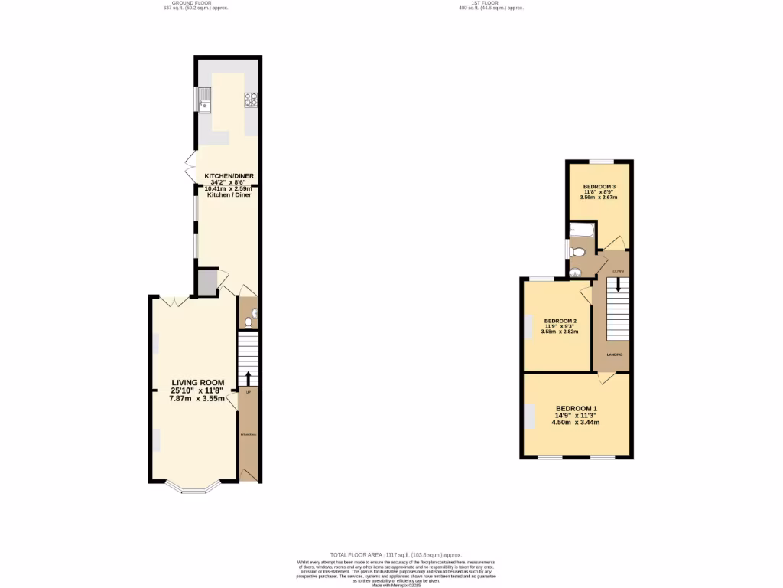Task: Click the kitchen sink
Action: pyautogui.click(x=204, y=99)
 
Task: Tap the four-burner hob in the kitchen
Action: pyautogui.click(x=250, y=99)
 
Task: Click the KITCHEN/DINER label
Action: pyautogui.click(x=227, y=175)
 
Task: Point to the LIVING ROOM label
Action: pyautogui.click(x=197, y=382)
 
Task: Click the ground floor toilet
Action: pyautogui.click(x=248, y=322)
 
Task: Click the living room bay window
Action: pyautogui.click(x=184, y=487)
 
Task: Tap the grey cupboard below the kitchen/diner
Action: pyautogui.click(x=206, y=283)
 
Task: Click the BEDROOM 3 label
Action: pyautogui.click(x=599, y=187)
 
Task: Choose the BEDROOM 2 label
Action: pyautogui.click(x=560, y=321)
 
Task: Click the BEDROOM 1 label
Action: pyautogui.click(x=577, y=408)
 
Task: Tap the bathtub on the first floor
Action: pyautogui.click(x=580, y=229)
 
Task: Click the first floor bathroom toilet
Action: pyautogui.click(x=579, y=251)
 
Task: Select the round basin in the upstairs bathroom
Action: pyautogui.click(x=575, y=269)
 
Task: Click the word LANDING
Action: pyautogui.click(x=614, y=355)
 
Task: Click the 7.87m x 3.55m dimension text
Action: pyautogui.click(x=197, y=398)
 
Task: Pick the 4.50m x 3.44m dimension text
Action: pyautogui.click(x=577, y=422)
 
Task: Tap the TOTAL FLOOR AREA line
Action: pyautogui.click(x=395, y=554)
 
